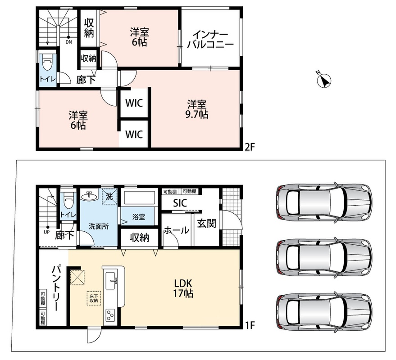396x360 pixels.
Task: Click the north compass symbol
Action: coord(324,81)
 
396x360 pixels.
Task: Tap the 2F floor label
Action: coord(250,147)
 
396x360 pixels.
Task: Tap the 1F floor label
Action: coord(250,325)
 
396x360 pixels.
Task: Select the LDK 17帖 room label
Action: coord(183,288)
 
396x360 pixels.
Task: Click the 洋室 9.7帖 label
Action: coord(197,109)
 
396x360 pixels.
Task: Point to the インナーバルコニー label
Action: coord(210,40)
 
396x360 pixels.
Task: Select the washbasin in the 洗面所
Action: coord(89,196)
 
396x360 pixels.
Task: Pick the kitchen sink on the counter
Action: coord(111,280)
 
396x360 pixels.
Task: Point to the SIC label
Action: coord(180,203)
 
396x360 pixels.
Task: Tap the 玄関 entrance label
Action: coord(207,224)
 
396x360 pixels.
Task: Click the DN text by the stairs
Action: coord(68,42)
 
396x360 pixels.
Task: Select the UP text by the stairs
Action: coord(47,232)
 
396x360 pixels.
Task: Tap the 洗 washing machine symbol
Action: coord(109,196)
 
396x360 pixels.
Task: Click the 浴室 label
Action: coord(139,216)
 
